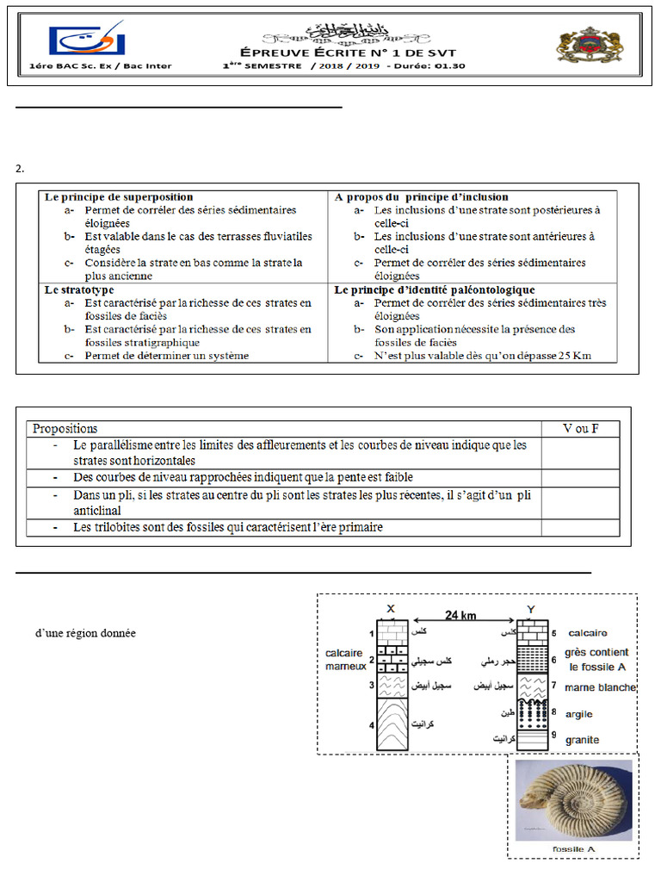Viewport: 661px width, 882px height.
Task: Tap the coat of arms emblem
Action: pos(582,46)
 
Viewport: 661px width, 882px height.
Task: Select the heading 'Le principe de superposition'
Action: pos(119,197)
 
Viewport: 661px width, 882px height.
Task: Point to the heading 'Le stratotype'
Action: pos(78,290)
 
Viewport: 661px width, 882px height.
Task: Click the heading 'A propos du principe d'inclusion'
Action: pos(421,197)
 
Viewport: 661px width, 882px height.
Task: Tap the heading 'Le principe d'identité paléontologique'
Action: pos(435,290)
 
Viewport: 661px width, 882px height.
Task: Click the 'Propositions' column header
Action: pos(65,428)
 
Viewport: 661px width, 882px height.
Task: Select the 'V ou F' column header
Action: pos(581,428)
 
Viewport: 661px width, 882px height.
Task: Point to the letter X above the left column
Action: pos(392,610)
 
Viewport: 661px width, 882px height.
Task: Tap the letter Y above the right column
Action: pos(530,610)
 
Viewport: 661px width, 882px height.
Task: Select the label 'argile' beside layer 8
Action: pos(579,714)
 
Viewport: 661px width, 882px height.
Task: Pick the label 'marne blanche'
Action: pos(600,687)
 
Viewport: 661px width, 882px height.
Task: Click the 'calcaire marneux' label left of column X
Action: pos(346,659)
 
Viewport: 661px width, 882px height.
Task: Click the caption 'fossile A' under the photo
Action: pos(573,849)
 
